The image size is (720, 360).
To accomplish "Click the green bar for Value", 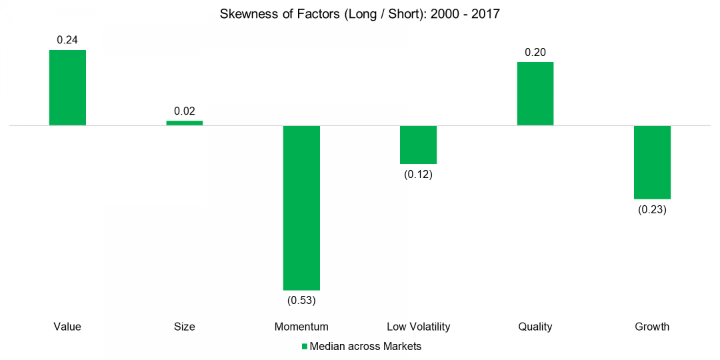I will pos(67,87).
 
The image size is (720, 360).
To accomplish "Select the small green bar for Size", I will pos(185,123).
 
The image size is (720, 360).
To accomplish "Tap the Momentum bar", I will pos(301,207).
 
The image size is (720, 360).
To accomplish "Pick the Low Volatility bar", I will pos(418,145).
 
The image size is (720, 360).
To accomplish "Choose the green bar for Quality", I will pos(535,93).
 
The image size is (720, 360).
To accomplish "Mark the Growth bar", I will pos(652,162).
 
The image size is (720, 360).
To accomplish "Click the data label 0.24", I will pos(67,40).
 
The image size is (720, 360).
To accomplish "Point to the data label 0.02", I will pos(185,111).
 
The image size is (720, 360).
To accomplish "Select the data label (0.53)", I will pos(301,300).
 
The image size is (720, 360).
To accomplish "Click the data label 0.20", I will pos(535,52).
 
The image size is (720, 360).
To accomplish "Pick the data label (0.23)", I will pos(652,209).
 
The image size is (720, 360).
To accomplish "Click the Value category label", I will pos(67,327).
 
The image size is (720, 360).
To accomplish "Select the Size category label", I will pos(185,327).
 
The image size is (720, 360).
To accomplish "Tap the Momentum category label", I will pos(301,327).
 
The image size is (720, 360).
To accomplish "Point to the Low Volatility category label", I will pos(418,327).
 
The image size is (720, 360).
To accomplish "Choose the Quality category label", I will pos(535,327).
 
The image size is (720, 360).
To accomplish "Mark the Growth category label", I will pos(652,327).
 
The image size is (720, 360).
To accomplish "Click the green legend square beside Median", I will pos(305,347).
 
